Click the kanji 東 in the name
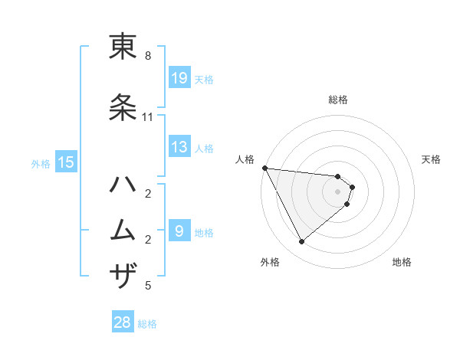tap(123, 47)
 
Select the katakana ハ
tap(123, 185)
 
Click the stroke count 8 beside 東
tap(148, 56)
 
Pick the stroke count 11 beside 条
tap(148, 117)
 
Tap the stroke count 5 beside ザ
tap(148, 286)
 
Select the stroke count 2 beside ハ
tap(148, 193)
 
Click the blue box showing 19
tap(179, 78)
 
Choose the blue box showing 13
tap(179, 147)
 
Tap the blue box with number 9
tap(179, 231)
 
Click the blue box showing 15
tap(65, 162)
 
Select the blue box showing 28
tap(123, 323)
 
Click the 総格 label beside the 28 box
tap(147, 324)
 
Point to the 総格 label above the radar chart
tap(338, 100)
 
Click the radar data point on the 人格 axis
tap(264, 168)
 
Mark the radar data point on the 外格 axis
tap(301, 242)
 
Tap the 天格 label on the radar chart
tap(432, 159)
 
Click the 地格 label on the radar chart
tap(402, 262)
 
